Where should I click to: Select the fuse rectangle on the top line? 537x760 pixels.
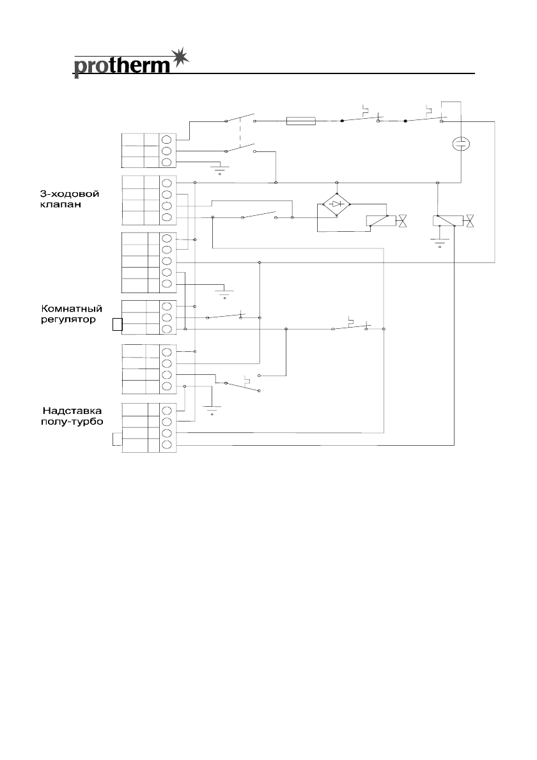pos(301,120)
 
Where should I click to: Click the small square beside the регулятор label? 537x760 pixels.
pos(116,324)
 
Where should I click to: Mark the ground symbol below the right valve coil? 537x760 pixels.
pos(439,242)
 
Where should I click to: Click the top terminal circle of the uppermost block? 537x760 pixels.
pos(167,139)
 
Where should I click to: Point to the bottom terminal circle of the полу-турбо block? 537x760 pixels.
pos(167,445)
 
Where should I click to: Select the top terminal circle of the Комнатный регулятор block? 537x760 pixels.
pos(167,306)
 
